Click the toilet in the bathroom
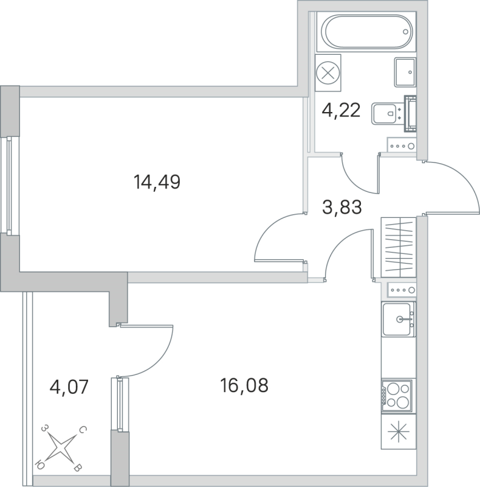[386, 113]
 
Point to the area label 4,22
[340, 110]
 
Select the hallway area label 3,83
[341, 208]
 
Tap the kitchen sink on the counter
[399, 318]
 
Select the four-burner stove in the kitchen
[397, 394]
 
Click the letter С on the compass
[83, 431]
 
